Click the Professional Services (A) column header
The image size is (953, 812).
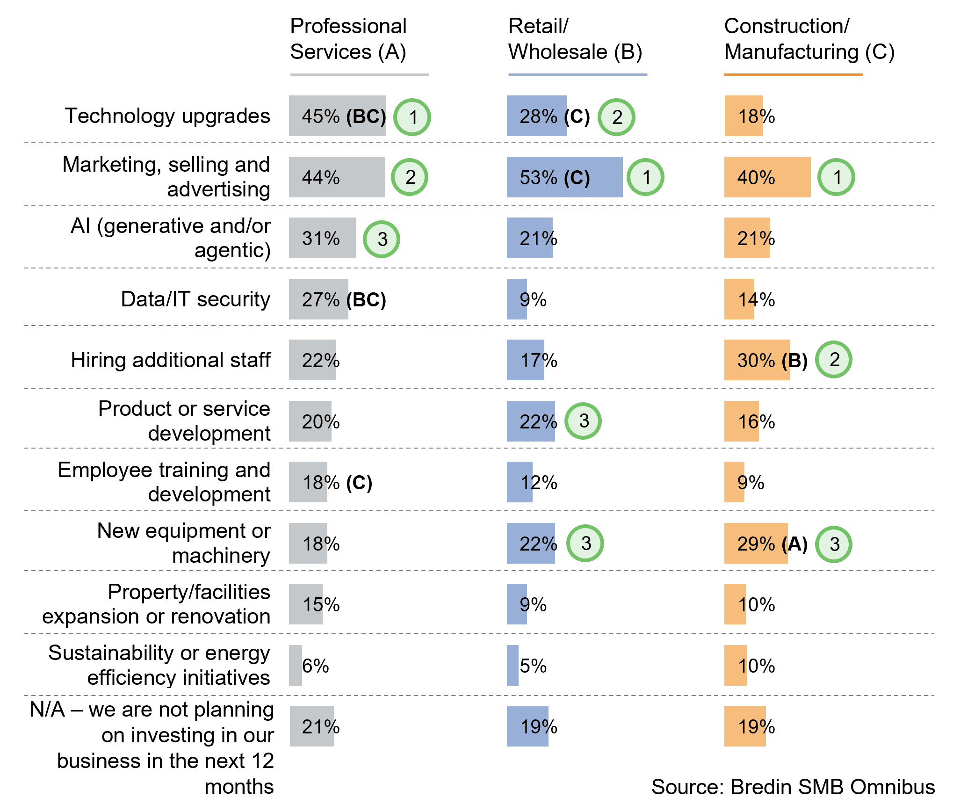click(x=348, y=39)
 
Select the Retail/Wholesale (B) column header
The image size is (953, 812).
click(x=575, y=39)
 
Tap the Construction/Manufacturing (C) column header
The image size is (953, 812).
click(x=809, y=39)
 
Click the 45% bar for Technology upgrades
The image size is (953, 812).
click(x=337, y=116)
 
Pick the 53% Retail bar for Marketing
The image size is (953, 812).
click(x=564, y=177)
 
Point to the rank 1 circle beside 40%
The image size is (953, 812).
click(x=836, y=177)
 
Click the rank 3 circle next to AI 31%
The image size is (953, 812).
click(x=382, y=239)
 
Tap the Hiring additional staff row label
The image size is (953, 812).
click(x=171, y=360)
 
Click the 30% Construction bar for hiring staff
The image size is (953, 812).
click(x=757, y=360)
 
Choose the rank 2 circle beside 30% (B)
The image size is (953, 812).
click(x=834, y=360)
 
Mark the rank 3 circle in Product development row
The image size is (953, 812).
click(x=583, y=421)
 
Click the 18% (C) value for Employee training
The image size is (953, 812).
click(x=337, y=482)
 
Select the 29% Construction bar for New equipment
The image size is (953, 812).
click(x=756, y=544)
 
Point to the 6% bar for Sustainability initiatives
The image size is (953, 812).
click(x=296, y=666)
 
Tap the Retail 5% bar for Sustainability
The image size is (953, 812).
click(x=513, y=666)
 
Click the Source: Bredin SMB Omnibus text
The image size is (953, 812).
click(x=793, y=787)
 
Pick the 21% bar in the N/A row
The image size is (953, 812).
click(x=312, y=726)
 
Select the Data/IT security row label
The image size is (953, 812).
click(x=195, y=299)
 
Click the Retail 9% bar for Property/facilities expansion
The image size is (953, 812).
click(x=517, y=604)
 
